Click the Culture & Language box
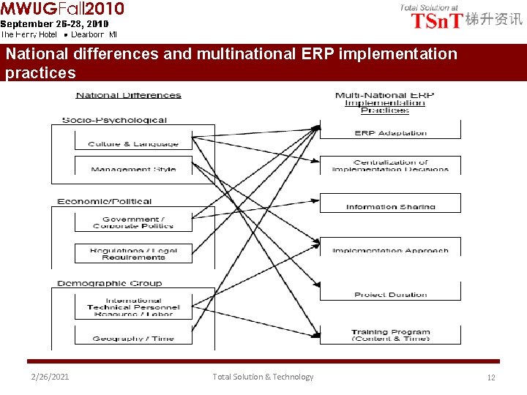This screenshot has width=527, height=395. tap(133, 143)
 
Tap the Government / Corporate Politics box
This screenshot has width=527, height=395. tap(133, 222)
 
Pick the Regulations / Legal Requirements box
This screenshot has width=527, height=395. tap(133, 253)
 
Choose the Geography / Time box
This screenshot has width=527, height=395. tap(133, 336)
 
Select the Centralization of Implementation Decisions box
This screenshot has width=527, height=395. tap(390, 165)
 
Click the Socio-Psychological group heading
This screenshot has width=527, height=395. tap(114, 120)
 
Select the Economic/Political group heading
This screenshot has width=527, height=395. tap(105, 201)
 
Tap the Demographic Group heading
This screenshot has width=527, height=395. tap(110, 283)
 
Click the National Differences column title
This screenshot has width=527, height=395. tap(129, 95)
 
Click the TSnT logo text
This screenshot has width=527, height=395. tap(437, 20)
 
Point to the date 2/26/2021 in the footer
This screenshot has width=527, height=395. tap(50, 377)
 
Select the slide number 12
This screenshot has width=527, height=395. tap(491, 377)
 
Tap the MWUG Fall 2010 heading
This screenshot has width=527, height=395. tap(62, 9)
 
